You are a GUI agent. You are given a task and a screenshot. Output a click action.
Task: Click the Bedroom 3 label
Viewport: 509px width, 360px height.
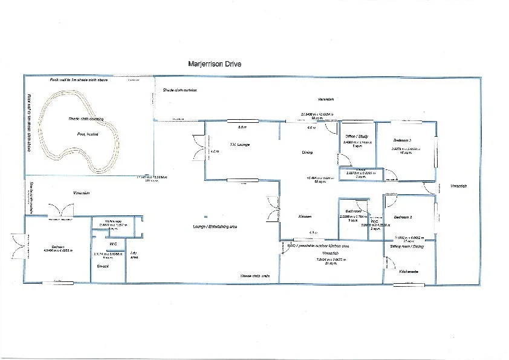[x=402, y=140]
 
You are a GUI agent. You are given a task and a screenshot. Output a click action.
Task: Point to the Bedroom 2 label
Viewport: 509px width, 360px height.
[x=403, y=217]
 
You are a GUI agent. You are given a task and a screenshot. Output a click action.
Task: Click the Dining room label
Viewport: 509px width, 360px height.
[x=307, y=152]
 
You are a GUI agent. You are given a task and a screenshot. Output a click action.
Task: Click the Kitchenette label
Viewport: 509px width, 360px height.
[x=409, y=272]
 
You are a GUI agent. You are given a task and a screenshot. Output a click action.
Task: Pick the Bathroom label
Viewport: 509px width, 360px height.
[x=349, y=211]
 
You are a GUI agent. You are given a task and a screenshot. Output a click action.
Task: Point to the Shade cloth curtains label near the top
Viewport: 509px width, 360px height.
[x=180, y=90]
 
